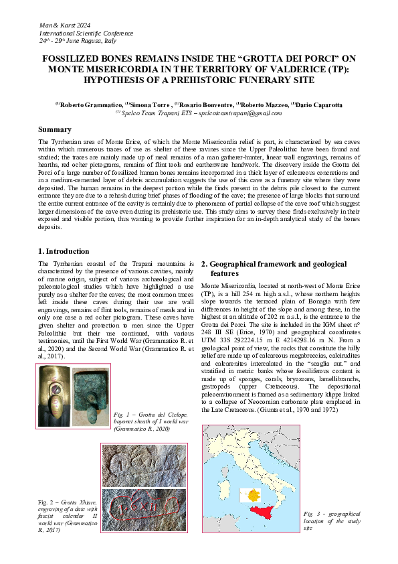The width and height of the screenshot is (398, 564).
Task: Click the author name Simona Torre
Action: pyautogui.click(x=150, y=104)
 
